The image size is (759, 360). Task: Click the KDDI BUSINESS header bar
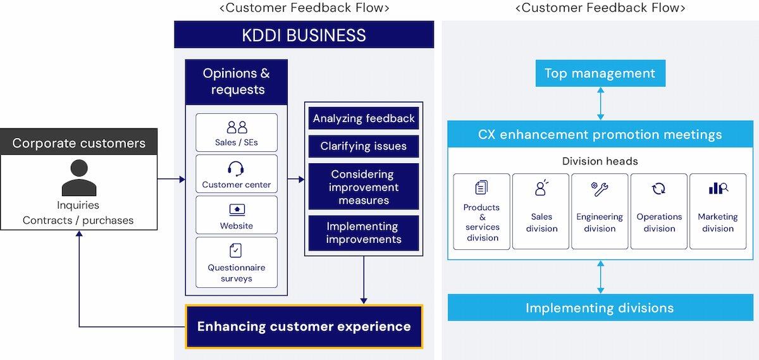304,35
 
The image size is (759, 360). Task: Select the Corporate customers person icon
79,178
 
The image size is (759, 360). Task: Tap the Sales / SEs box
237,133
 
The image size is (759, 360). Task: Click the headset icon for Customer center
236,168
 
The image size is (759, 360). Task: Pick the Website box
237,216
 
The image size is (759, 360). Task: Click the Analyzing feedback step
364,118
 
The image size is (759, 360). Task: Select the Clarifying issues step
364,146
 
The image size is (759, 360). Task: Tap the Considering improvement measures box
364,187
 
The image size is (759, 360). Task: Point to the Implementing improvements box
364,233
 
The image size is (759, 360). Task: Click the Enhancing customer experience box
304,326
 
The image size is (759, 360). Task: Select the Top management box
600,73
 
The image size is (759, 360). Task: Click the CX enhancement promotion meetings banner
600,135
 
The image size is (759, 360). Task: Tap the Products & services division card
482,211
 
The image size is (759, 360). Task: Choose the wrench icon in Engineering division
600,189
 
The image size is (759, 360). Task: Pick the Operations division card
658,211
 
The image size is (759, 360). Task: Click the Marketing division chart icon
718,189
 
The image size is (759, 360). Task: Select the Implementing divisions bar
600,308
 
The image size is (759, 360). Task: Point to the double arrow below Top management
600,103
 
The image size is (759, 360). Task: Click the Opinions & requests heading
236,82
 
